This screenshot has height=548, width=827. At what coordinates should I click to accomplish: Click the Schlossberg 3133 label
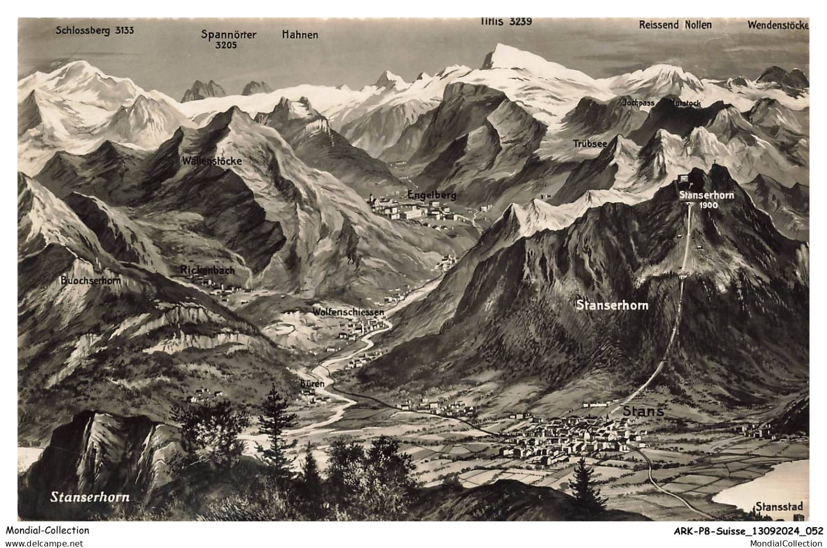95,31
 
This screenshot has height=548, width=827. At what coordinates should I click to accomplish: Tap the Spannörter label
229,35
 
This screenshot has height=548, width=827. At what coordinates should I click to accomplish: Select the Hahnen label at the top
300,35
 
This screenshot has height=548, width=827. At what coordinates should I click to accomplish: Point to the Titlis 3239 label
506,21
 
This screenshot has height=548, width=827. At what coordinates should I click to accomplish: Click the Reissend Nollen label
675,25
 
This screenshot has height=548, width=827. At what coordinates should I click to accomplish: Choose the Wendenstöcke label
778,25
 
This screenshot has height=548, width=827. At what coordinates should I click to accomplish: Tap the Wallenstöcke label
212,161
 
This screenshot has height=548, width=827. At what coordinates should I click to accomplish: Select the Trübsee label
590,144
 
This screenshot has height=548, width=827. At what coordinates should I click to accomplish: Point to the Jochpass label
638,103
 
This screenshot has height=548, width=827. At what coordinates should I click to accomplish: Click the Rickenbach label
208,270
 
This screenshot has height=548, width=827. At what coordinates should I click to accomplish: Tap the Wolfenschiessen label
348,312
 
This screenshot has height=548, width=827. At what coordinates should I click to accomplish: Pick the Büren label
312,384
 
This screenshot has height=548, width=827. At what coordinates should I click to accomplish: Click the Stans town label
643,411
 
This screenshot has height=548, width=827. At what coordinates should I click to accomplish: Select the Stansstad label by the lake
779,506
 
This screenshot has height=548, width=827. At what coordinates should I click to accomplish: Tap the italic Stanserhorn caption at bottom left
90,497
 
